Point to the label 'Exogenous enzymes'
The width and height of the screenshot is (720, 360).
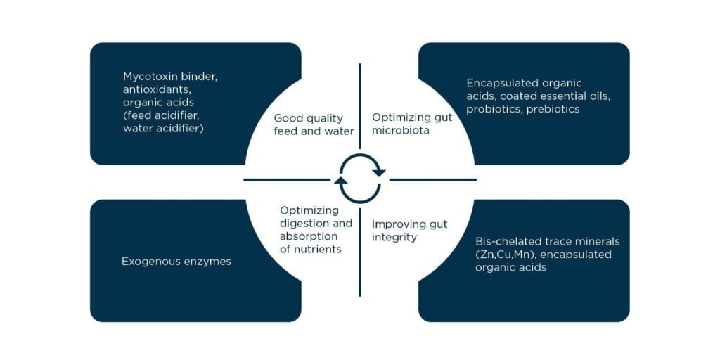[x=176, y=262]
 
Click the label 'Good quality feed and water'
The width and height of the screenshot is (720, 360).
[x=314, y=125]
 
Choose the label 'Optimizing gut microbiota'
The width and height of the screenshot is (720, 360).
[x=412, y=124]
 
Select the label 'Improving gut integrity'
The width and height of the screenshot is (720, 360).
[x=410, y=231]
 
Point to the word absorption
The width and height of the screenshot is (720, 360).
[x=309, y=236]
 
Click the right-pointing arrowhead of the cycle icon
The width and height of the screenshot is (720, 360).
[x=379, y=173]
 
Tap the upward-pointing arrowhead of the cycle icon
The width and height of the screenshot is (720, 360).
[x=341, y=180]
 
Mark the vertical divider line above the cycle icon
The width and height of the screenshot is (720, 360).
[x=360, y=106]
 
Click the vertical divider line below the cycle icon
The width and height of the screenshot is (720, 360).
[x=360, y=252]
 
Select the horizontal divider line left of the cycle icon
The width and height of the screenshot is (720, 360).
[x=287, y=179]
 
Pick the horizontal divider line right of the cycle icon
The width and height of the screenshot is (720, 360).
[x=433, y=179]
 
